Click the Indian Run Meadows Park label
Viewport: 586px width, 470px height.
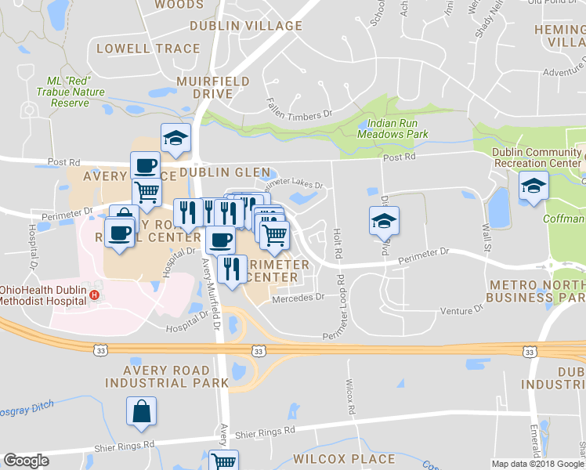(x=392, y=128)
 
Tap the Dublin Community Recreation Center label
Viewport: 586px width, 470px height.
(x=535, y=157)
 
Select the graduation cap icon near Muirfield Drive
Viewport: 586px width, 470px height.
(x=175, y=139)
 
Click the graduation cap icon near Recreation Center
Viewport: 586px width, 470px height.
(x=534, y=186)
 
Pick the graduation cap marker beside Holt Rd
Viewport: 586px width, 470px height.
(x=384, y=222)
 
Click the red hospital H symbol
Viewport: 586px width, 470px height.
(x=95, y=295)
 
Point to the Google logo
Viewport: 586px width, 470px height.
(x=26, y=461)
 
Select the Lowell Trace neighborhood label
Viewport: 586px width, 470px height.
(x=148, y=49)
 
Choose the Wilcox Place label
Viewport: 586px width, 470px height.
(x=344, y=458)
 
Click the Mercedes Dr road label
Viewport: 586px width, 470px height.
(x=298, y=298)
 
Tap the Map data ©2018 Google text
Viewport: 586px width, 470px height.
(x=537, y=464)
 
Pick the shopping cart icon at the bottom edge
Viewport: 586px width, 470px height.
(x=224, y=461)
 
